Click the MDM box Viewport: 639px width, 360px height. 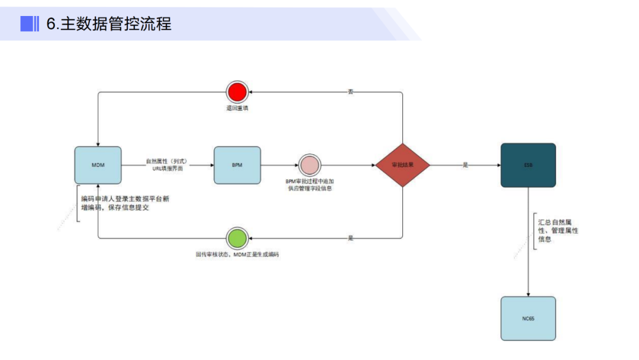pos(98,165)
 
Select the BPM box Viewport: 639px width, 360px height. pos(237,165)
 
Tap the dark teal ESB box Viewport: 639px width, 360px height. pos(528,165)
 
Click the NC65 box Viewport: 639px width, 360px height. pos(528,319)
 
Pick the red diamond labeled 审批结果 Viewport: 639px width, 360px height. pos(402,165)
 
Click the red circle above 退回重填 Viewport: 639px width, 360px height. pos(237,92)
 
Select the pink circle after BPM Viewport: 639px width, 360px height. pos(309,165)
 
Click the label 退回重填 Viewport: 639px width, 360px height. pos(237,108)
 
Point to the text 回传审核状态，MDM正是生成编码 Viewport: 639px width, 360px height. pos(237,254)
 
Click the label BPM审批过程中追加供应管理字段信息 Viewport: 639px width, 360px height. pos(309,185)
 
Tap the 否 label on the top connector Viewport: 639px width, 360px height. pos(350,92)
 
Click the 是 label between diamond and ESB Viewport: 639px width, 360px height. pos(465,165)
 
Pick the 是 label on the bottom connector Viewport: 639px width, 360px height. pos(350,238)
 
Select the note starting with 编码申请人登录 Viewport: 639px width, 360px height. pos(126,203)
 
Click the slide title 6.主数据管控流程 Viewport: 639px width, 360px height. pos(109,24)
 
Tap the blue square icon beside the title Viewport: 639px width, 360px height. pos(27,24)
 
